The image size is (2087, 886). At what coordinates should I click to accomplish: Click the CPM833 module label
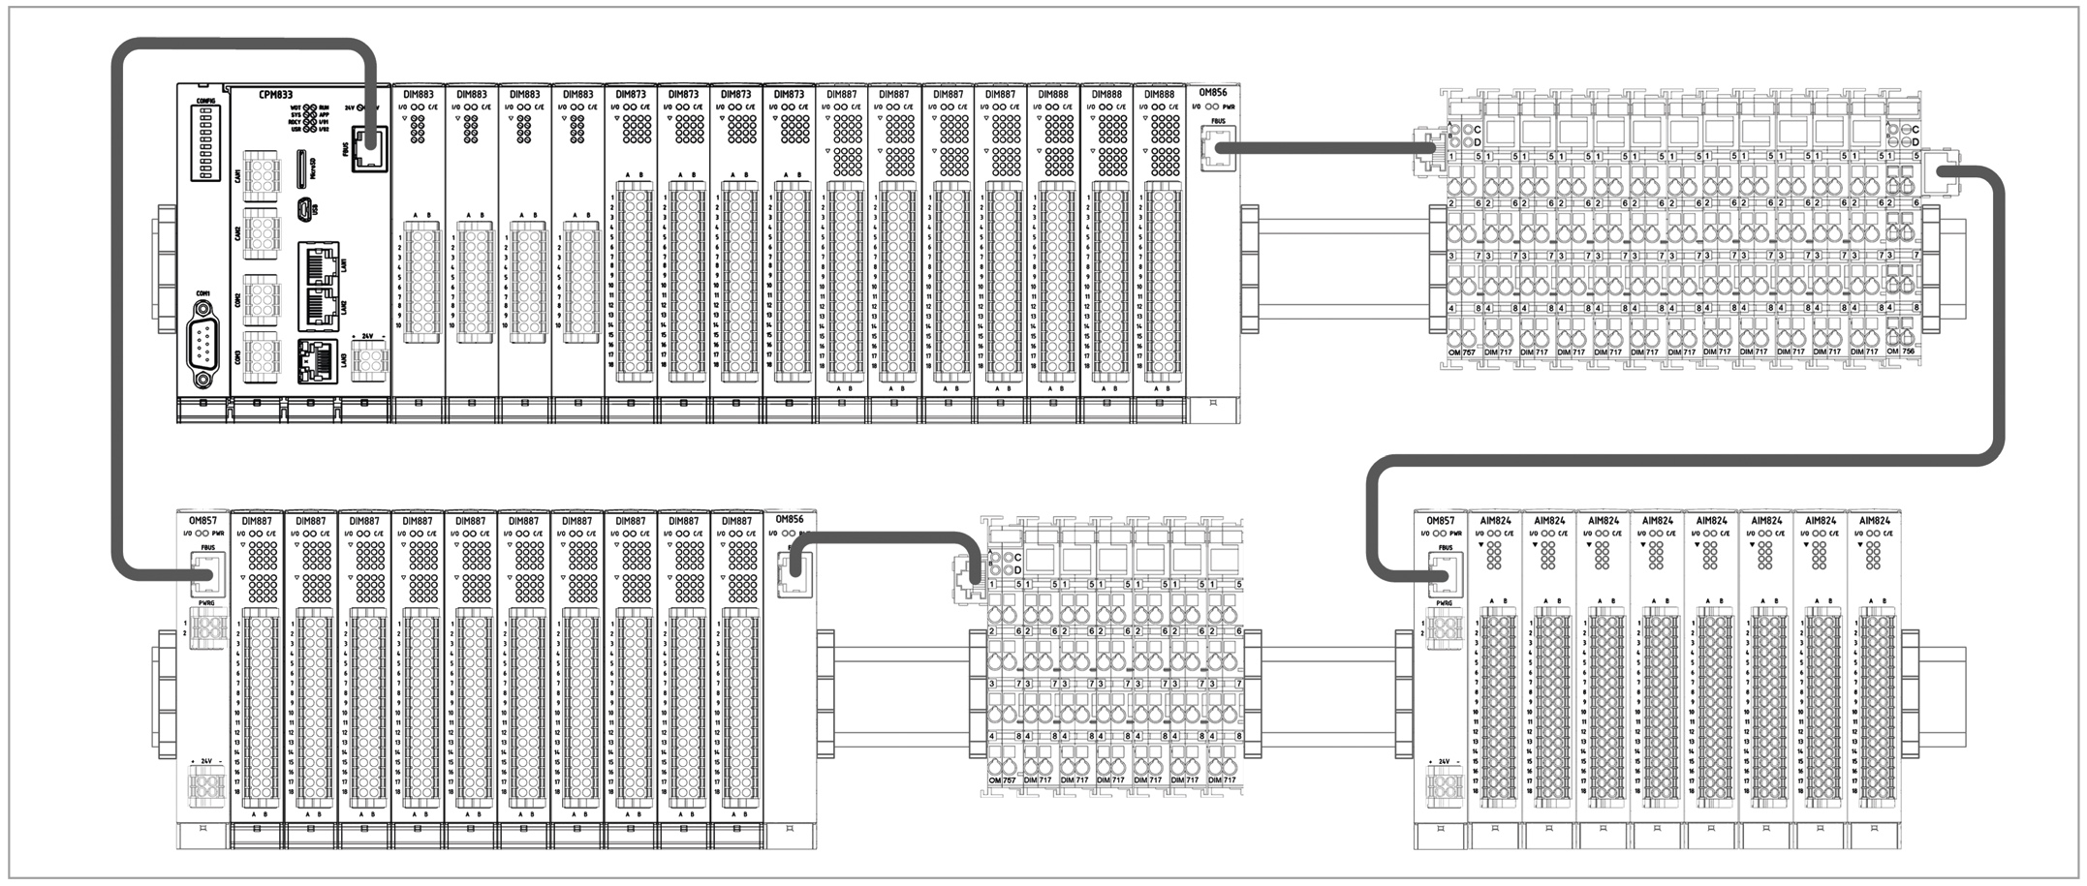click(x=277, y=95)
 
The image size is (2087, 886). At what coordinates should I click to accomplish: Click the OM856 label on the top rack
click(x=1212, y=94)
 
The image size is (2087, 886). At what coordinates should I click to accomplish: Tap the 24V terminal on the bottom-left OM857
click(x=206, y=785)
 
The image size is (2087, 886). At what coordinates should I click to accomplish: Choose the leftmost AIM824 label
click(x=1496, y=521)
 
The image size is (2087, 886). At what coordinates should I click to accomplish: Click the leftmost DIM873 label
click(x=631, y=95)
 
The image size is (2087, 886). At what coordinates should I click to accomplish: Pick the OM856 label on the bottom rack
click(x=790, y=520)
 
